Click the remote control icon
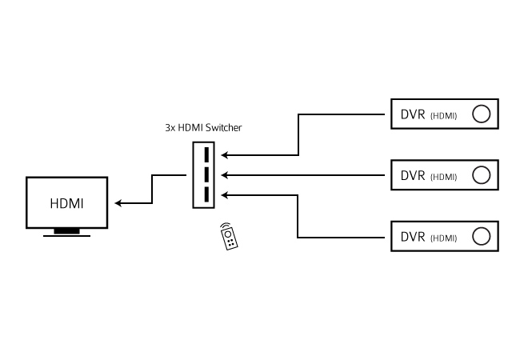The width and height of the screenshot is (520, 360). [x=229, y=236]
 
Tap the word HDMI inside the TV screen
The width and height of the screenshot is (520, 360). [x=67, y=203]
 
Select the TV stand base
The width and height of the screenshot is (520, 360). [x=66, y=233]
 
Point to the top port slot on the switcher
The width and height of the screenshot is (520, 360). [x=206, y=154]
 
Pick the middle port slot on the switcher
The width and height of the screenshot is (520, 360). [x=206, y=174]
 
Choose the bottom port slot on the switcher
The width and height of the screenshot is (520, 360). [x=206, y=194]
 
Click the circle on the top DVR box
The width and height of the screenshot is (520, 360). [x=481, y=114]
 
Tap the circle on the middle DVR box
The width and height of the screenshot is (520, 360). [x=481, y=174]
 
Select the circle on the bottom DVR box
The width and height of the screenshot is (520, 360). [x=481, y=236]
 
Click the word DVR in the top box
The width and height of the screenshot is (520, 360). [x=413, y=114]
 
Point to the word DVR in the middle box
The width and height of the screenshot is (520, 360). [x=413, y=175]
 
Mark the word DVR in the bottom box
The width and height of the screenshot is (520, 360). [x=413, y=237]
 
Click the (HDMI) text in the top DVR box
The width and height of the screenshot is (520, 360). [x=443, y=116]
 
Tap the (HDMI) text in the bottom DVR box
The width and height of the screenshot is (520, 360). [x=443, y=238]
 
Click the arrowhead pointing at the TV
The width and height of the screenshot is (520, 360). [x=119, y=203]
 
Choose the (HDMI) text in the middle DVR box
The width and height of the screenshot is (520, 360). [x=443, y=177]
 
